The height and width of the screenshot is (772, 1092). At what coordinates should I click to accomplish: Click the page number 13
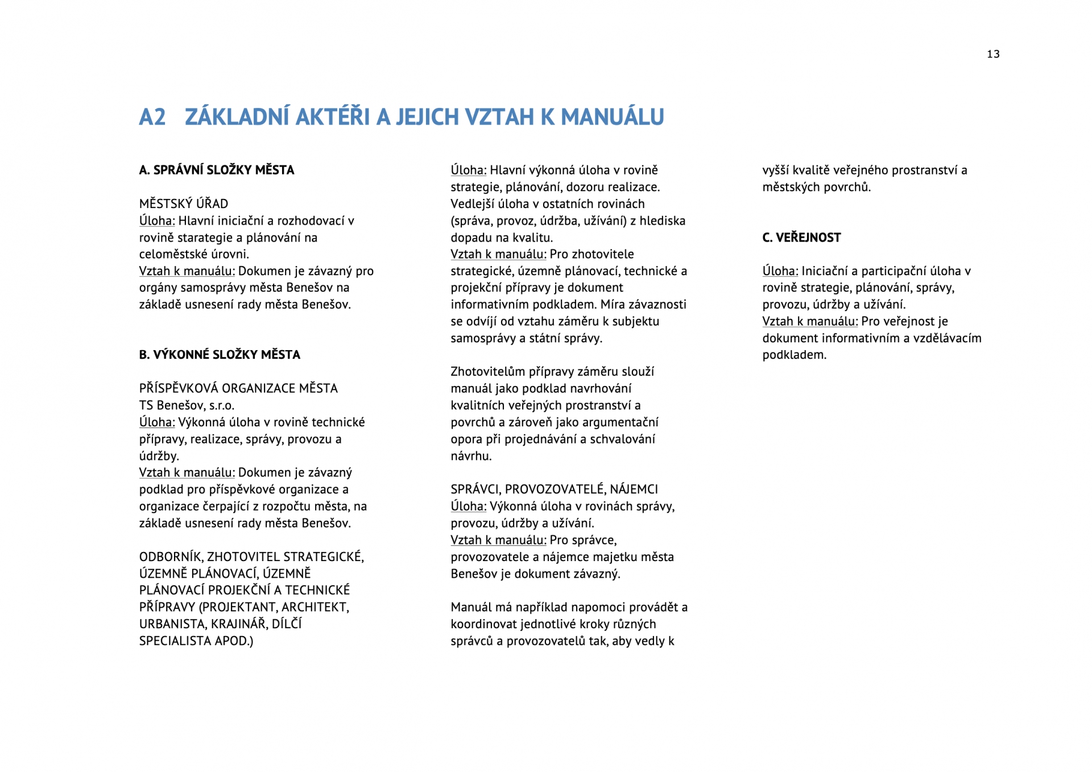coord(993,54)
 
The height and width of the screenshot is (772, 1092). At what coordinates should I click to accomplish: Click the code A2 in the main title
coord(152,117)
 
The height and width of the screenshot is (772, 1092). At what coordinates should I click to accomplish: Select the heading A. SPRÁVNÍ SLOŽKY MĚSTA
coord(217,170)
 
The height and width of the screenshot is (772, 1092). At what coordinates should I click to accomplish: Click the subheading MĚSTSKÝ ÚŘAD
coord(184,204)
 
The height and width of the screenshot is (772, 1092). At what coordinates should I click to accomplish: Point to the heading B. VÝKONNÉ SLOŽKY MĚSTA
coord(220,355)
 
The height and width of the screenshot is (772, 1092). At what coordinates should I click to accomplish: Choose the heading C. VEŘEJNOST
coord(801,238)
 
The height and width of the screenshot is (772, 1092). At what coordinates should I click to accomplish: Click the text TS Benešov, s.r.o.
coord(187,405)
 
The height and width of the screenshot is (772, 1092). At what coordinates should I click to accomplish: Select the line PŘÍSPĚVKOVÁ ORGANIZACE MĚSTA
coord(238,388)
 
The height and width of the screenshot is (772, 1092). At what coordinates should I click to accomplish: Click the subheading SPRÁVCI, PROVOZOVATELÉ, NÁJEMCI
coord(554,489)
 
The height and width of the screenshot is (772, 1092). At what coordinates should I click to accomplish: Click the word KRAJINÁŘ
coord(238,624)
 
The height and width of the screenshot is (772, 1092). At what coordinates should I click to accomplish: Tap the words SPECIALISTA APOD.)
coord(196,641)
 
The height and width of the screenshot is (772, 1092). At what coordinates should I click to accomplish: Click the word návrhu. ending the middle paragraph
coord(471,456)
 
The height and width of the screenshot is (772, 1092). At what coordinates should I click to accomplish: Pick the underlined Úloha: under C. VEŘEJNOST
coord(780,271)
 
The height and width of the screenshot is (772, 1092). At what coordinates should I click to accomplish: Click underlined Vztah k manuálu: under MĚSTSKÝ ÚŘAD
coord(187,271)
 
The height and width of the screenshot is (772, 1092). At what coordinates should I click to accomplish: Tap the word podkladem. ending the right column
coord(794,355)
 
